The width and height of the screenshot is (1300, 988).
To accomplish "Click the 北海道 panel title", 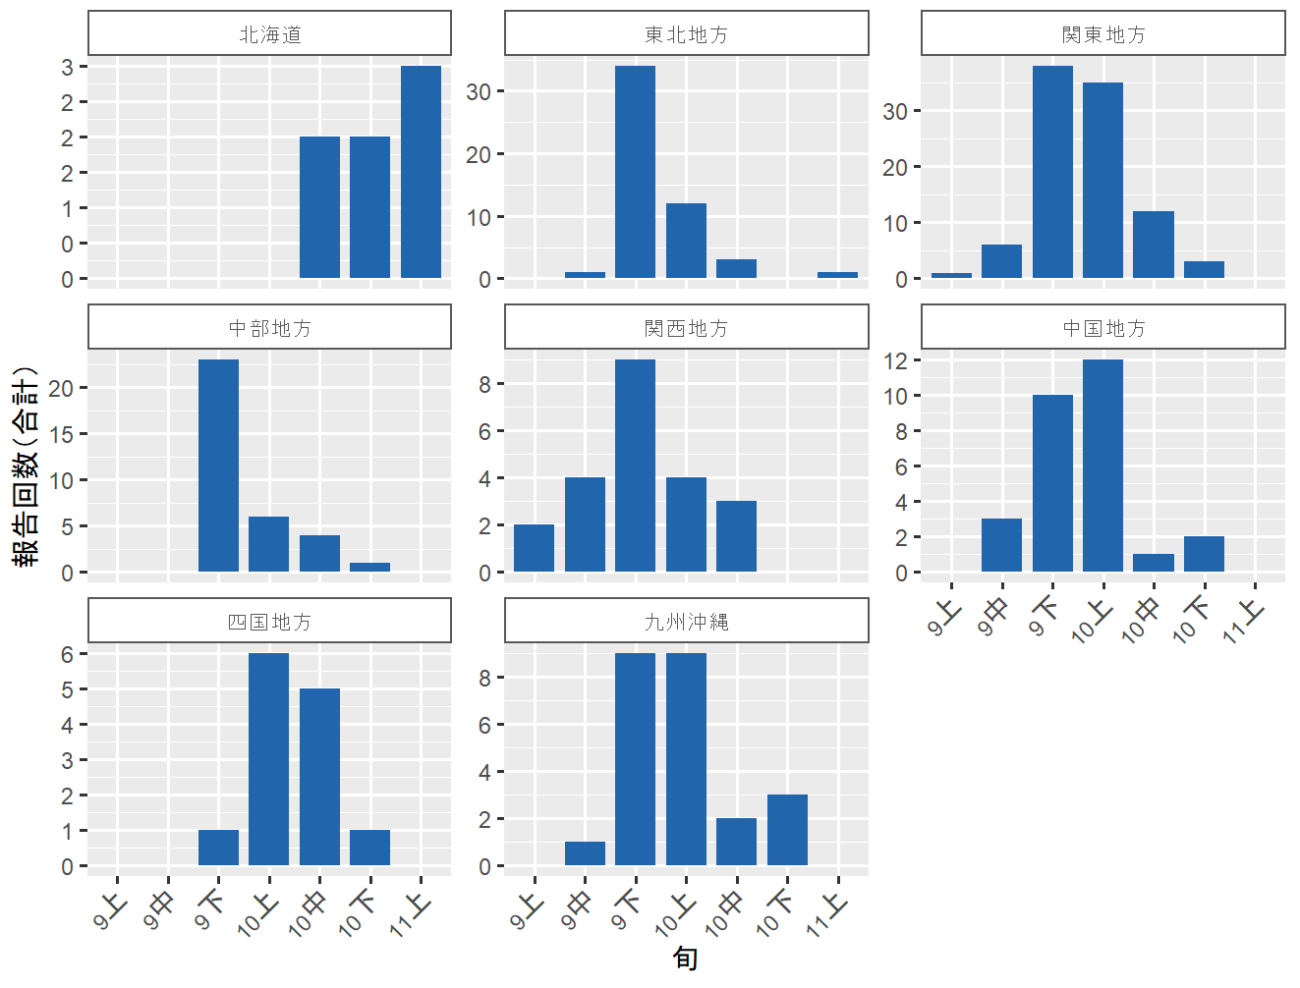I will pos(269,34).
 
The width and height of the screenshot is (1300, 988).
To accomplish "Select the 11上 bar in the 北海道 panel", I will pos(421,172).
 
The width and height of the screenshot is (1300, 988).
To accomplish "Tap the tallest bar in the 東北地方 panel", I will pos(635,172).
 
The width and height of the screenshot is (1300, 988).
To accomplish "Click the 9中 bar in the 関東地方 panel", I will pos(1001,261).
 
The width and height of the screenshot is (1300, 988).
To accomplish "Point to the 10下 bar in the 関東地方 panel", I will pos(1204,270).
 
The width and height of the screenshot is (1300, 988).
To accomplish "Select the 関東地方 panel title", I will pos(1102,34).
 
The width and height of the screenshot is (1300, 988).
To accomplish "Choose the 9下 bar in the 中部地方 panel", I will pos(218,466).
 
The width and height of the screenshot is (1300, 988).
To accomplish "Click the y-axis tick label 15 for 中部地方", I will pos(62,434).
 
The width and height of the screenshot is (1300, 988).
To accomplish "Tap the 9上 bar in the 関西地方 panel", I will pos(534,548).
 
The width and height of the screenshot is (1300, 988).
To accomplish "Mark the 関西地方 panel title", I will pos(686,328).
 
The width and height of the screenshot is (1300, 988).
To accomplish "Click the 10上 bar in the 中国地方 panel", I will pos(1102,466).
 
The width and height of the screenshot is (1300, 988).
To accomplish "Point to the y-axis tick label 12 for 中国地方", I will pos(895,360).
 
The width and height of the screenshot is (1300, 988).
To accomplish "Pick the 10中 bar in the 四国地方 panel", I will pos(319,777).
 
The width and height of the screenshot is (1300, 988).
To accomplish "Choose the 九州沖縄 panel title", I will pos(686,622).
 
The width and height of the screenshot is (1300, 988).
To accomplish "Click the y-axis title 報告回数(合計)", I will pos(27,467).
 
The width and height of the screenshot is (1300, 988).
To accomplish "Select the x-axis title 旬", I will pos(685,958).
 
